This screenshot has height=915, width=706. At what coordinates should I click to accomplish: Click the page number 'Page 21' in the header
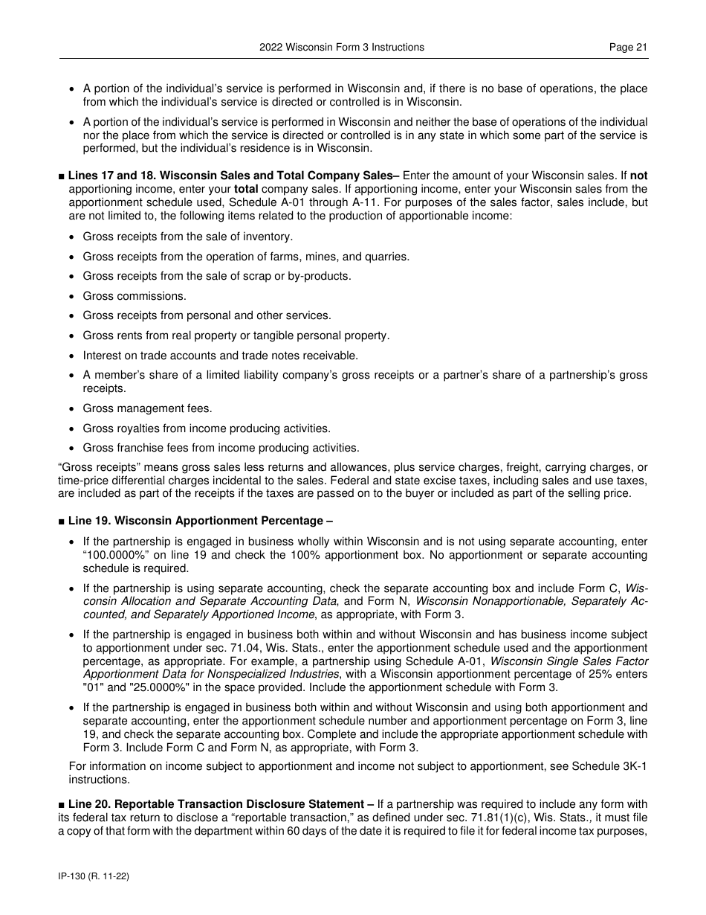point(628,47)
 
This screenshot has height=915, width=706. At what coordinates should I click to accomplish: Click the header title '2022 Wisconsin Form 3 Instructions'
point(342,47)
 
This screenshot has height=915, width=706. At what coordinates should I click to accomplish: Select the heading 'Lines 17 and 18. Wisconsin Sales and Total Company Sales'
point(230,176)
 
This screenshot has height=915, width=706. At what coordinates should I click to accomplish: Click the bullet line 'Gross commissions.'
point(124,296)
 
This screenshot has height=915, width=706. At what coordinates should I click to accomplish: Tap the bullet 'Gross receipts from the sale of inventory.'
point(187,237)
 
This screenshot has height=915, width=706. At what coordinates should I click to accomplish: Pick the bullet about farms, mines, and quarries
point(246,257)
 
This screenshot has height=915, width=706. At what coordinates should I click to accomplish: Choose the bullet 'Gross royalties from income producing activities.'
point(207,428)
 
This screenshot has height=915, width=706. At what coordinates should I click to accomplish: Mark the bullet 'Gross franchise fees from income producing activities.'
point(221,448)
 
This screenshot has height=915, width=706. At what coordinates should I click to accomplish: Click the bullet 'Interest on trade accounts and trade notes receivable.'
point(220,356)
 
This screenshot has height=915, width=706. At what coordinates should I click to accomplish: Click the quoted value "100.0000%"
point(109,555)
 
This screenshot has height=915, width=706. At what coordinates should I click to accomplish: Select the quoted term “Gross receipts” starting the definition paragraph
point(91,468)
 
